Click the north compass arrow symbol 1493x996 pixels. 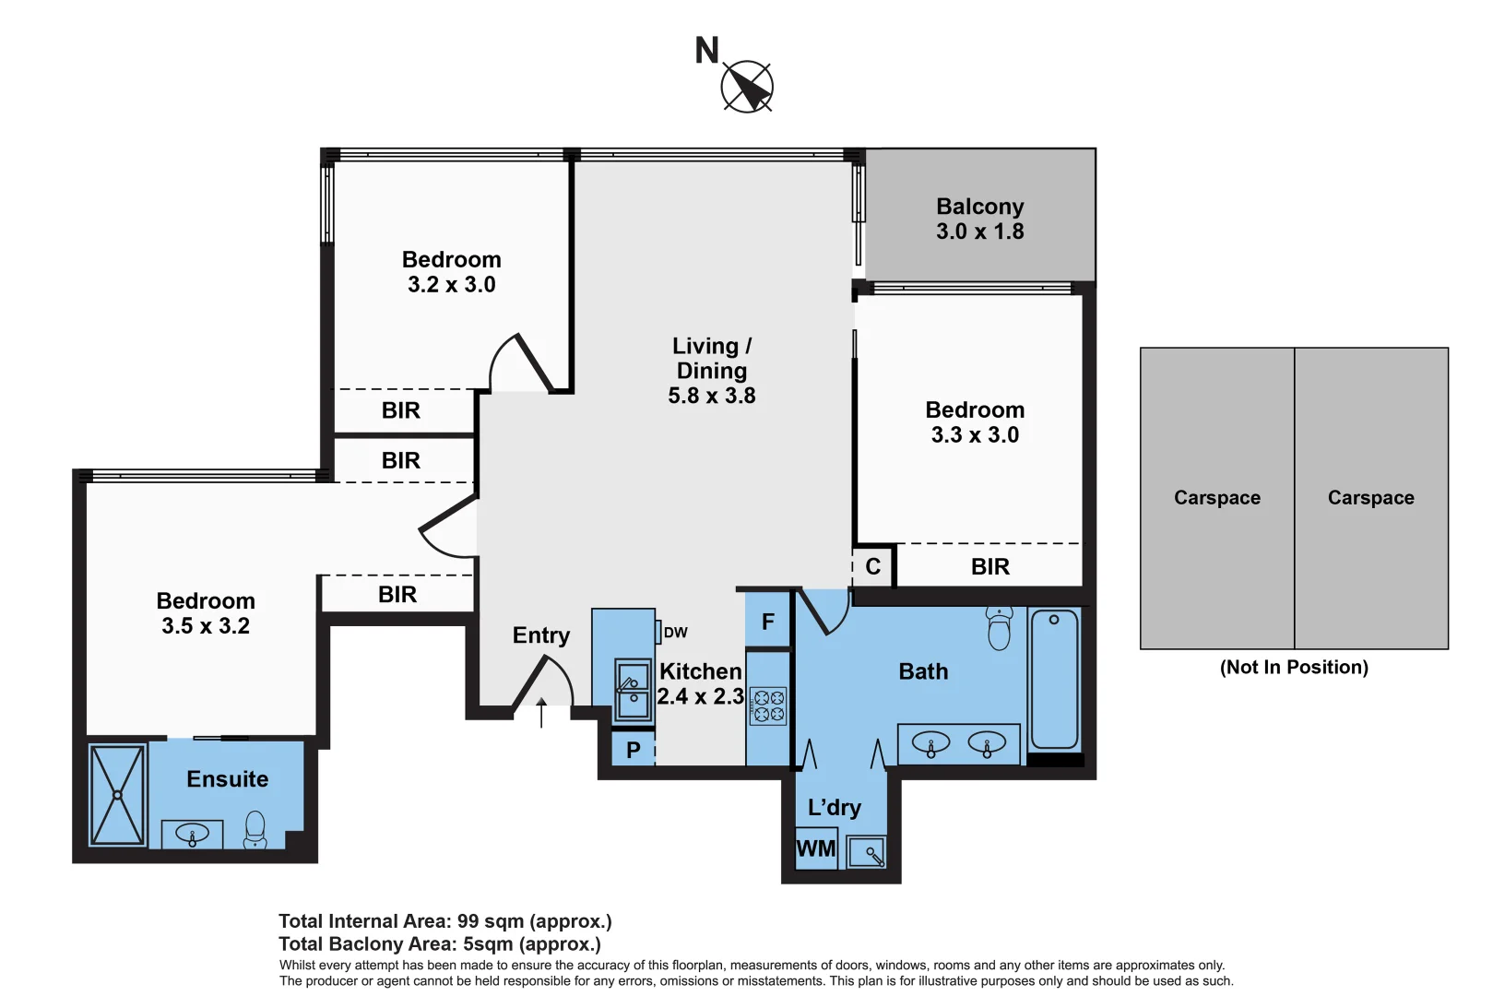pyautogui.click(x=747, y=88)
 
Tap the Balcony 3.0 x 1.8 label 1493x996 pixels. pyautogui.click(x=979, y=219)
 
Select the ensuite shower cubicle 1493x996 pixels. pyautogui.click(x=118, y=795)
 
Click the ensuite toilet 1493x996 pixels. pyautogui.click(x=255, y=829)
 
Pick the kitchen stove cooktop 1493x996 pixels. pyautogui.click(x=768, y=706)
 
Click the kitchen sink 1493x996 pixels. pyautogui.click(x=633, y=689)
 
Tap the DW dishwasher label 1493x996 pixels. pyautogui.click(x=675, y=633)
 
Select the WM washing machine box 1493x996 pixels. pyautogui.click(x=815, y=848)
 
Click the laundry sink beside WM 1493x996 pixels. pyautogui.click(x=867, y=851)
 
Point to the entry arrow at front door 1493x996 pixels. pyautogui.click(x=541, y=713)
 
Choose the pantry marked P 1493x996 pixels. pyautogui.click(x=633, y=750)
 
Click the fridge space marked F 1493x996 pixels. pyautogui.click(x=767, y=622)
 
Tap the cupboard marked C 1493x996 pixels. pyautogui.click(x=872, y=566)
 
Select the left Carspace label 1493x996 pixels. pyautogui.click(x=1216, y=498)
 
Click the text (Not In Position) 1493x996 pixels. pyautogui.click(x=1293, y=667)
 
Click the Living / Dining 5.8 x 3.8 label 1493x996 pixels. pyautogui.click(x=711, y=371)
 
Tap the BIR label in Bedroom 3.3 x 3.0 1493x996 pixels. pyautogui.click(x=989, y=566)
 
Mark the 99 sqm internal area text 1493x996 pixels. pyautogui.click(x=444, y=921)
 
